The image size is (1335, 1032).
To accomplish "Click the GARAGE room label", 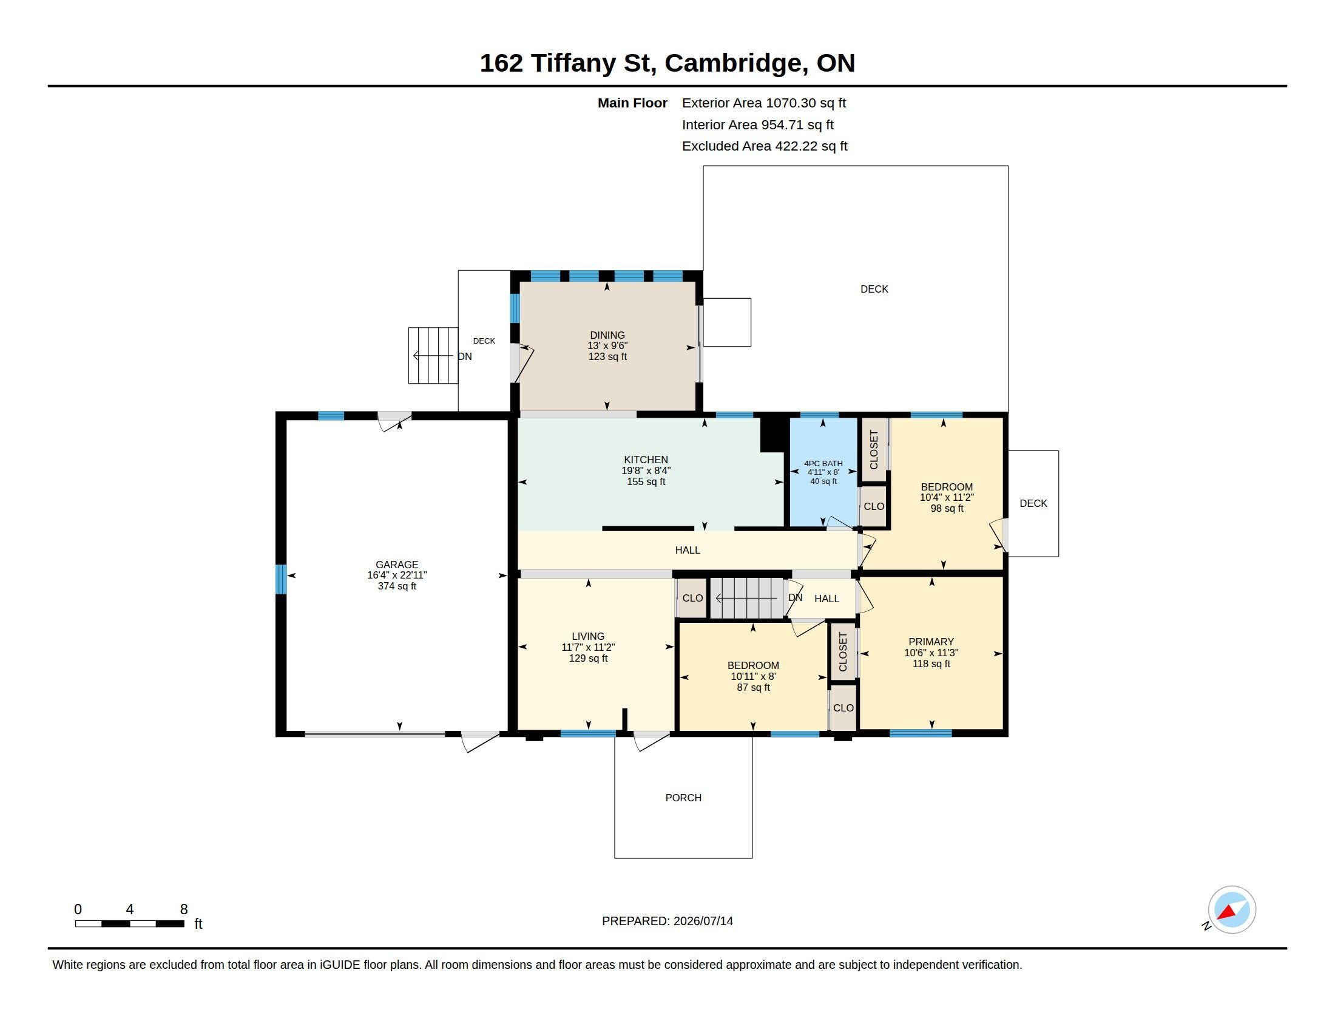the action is point(397,565).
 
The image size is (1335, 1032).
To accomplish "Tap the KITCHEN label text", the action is point(646,460).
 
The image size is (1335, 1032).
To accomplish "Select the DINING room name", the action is point(607,335).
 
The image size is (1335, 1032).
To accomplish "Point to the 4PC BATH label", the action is point(823,463).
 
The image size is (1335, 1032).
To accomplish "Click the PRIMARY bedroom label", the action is point(931,641).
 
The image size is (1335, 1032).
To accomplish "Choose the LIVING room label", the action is point(588,636).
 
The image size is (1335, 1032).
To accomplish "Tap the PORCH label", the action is point(683,798).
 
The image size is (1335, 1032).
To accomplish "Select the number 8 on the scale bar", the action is point(183,909).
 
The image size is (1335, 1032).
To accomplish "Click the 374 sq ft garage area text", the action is point(397,586).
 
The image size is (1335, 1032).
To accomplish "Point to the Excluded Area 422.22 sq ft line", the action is point(765,146).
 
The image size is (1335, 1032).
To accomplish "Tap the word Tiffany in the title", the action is point(573,63).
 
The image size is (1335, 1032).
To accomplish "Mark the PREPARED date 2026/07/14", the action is point(703,921).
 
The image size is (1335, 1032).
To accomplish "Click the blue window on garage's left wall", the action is point(281,579).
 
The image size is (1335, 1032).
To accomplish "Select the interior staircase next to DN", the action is point(746,598).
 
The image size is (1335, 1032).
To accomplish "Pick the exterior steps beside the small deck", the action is point(433,355).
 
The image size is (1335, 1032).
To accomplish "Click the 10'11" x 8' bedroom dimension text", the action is point(753,677).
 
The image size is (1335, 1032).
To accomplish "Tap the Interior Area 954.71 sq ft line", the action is point(758,124).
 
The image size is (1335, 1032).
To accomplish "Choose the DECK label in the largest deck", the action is point(874,289).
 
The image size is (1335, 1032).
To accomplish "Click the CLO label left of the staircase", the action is point(692,598).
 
